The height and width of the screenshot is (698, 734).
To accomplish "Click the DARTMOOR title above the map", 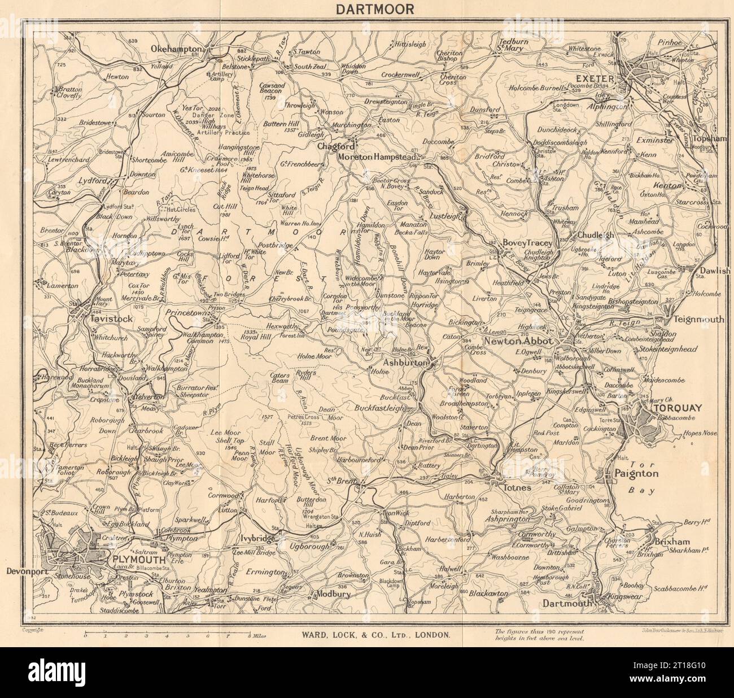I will point(366,9).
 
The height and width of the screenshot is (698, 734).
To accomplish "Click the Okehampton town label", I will point(177,50).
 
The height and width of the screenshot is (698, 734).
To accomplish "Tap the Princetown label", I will point(188,311).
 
